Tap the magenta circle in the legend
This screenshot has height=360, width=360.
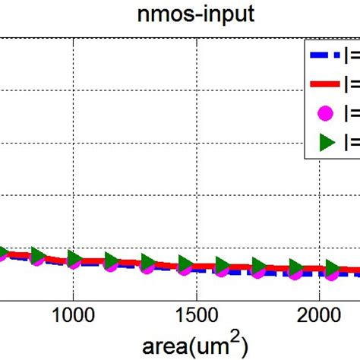click(x=326, y=112)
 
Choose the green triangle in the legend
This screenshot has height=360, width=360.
click(x=326, y=141)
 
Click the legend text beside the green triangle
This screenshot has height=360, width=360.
click(x=351, y=141)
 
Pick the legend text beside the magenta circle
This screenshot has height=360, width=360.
click(x=351, y=112)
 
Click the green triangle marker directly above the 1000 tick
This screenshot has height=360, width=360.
click(x=74, y=258)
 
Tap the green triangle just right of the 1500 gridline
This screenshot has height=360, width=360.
click(x=222, y=265)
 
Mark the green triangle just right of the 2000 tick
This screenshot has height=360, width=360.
click(x=332, y=268)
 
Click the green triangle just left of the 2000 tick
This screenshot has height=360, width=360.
click(x=295, y=267)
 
